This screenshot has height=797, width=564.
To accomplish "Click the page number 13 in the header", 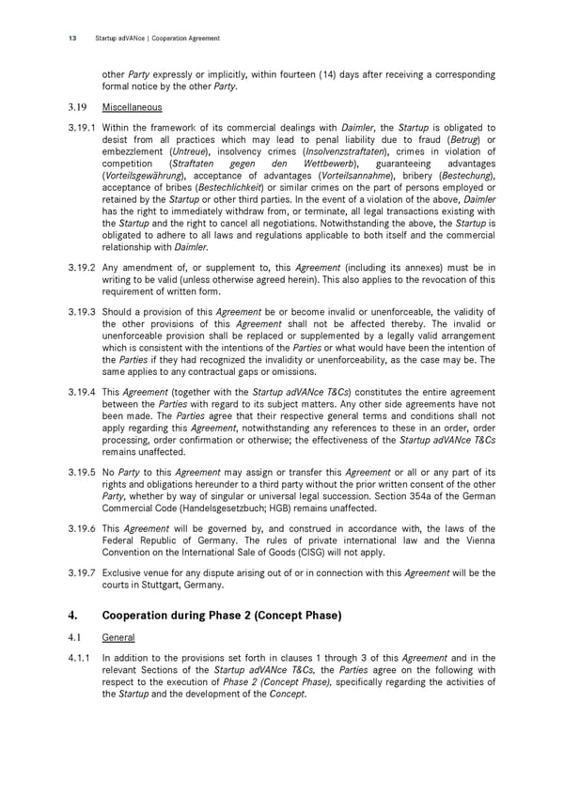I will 71,39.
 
